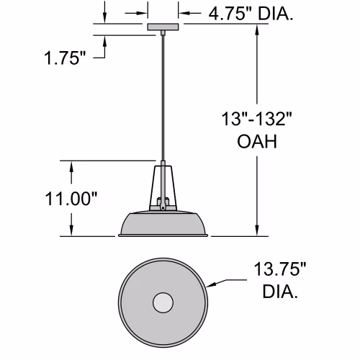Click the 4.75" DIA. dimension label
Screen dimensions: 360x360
pos(251,14)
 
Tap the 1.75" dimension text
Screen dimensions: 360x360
pos(65,58)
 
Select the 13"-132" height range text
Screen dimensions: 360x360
pos(256,119)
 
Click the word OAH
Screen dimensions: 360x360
pos(257,141)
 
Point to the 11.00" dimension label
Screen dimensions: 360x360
pos(71,199)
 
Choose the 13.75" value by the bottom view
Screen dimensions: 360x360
pos(280,269)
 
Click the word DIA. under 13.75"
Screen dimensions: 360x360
pos(280,292)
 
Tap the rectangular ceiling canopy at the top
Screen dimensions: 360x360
pos(163,27)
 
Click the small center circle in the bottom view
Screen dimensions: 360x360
pos(163,302)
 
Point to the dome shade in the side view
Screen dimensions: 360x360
pos(163,225)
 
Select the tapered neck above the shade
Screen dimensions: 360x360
pos(163,188)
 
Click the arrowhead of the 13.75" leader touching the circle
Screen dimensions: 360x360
pos(210,285)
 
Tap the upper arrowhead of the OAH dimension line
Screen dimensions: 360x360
pos(257,29)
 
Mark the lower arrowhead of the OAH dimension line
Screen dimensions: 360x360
pos(257,231)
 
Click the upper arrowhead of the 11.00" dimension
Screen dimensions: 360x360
pos(71,166)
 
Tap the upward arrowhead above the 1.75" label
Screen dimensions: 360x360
pos(104,41)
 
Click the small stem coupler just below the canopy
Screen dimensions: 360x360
pos(163,32)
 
